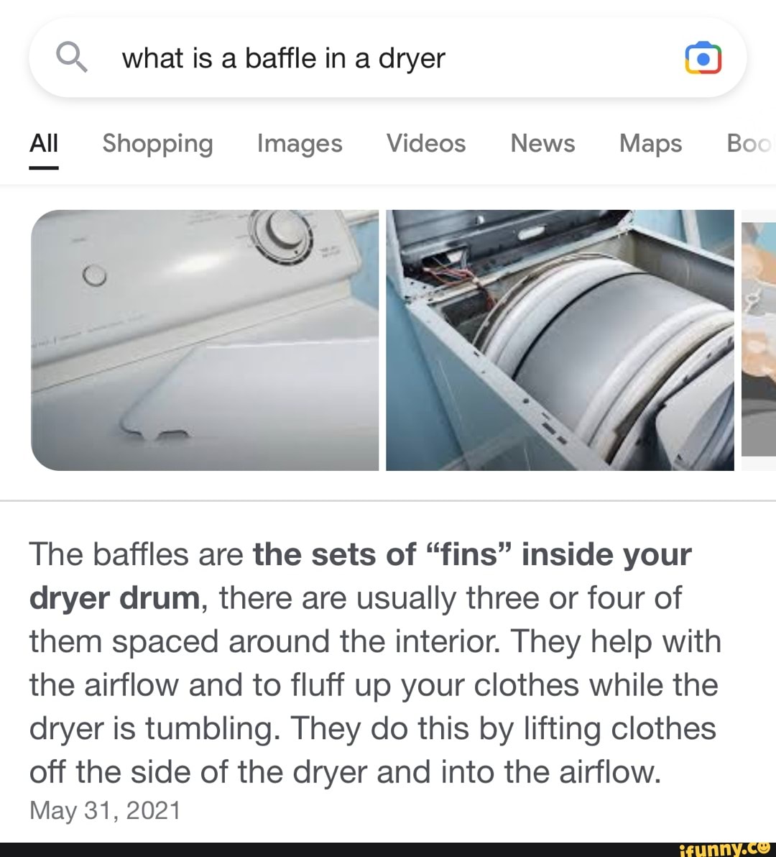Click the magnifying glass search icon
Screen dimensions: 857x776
(x=71, y=57)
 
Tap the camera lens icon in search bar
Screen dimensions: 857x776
(x=703, y=58)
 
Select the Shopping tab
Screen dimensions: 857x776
(x=157, y=143)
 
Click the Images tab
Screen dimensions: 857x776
(x=300, y=143)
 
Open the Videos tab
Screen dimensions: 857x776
(x=426, y=143)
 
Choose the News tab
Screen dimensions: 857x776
(x=542, y=143)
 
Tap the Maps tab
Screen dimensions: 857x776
(x=650, y=143)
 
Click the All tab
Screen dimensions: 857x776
(x=44, y=143)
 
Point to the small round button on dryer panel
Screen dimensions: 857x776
(x=95, y=275)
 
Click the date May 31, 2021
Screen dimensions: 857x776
(x=105, y=810)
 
